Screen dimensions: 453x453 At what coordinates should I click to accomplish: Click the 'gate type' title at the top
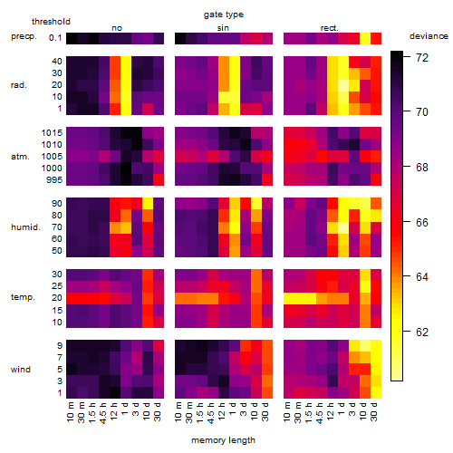click(x=224, y=14)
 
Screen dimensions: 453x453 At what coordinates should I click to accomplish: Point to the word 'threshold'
click(x=51, y=22)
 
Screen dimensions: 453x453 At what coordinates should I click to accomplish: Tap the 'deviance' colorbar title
click(x=429, y=36)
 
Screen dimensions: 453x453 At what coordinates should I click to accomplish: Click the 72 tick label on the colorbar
click(x=422, y=57)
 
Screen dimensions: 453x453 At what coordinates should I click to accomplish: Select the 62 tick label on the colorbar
click(x=422, y=333)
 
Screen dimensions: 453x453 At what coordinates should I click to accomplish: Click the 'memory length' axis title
click(x=223, y=440)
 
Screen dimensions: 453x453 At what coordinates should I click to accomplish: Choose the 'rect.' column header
click(x=329, y=28)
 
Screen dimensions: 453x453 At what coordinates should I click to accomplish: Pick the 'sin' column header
click(x=223, y=28)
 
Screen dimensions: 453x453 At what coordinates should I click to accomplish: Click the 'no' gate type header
click(x=117, y=28)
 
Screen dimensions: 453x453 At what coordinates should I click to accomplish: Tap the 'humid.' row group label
click(x=25, y=227)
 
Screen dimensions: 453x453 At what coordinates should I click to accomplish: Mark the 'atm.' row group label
click(x=20, y=157)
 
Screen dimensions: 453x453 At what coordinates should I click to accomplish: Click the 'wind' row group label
click(x=21, y=370)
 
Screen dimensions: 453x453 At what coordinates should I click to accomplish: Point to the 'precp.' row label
click(x=24, y=36)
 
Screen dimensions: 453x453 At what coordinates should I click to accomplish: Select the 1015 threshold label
click(x=52, y=132)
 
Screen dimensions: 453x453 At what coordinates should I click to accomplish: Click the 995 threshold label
click(x=54, y=180)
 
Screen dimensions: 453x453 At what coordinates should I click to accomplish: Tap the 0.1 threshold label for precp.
click(x=55, y=38)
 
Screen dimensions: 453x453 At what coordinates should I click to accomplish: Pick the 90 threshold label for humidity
click(x=56, y=204)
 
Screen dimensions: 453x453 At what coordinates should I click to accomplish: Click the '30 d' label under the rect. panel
click(x=374, y=411)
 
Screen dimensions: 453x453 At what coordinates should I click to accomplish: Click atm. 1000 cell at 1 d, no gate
click(x=126, y=168)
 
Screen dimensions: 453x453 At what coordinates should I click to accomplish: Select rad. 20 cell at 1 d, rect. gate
click(x=343, y=85)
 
